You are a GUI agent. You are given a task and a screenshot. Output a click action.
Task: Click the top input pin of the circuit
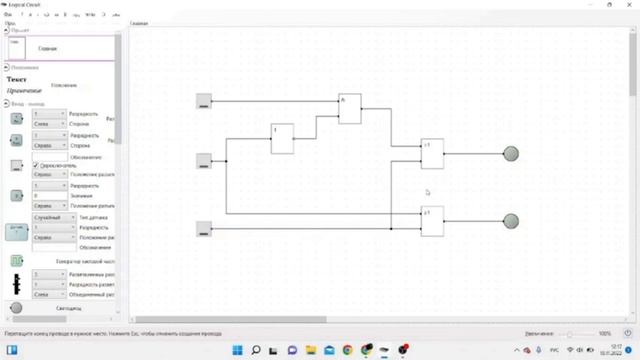coord(204,100)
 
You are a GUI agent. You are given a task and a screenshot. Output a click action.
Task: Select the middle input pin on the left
coord(204,160)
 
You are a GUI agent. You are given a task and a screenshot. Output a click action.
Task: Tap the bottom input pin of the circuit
coord(204,229)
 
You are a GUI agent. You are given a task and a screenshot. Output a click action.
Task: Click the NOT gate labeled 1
coord(282,138)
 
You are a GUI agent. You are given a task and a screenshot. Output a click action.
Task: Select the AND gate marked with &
coord(349,108)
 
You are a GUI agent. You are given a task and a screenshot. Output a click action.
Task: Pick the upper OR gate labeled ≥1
coord(431,153)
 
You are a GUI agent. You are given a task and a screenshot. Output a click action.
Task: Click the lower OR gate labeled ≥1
coord(431,220)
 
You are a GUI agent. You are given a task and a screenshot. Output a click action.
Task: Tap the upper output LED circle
coord(510,153)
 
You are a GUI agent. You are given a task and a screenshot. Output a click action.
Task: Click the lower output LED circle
coord(510,220)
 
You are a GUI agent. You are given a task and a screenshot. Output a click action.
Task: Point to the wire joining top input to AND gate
coord(270,101)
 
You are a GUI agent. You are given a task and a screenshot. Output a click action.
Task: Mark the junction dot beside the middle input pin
coord(226,160)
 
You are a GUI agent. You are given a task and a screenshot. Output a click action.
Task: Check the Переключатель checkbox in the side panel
coord(36,166)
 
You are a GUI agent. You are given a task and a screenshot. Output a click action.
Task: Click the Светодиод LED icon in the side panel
coord(16,308)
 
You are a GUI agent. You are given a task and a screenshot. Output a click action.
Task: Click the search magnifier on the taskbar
coord(256,350)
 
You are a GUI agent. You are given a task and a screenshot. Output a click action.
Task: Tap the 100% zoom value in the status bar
coord(604,333)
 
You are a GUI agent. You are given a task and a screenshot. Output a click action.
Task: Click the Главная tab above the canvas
coord(140,23)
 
